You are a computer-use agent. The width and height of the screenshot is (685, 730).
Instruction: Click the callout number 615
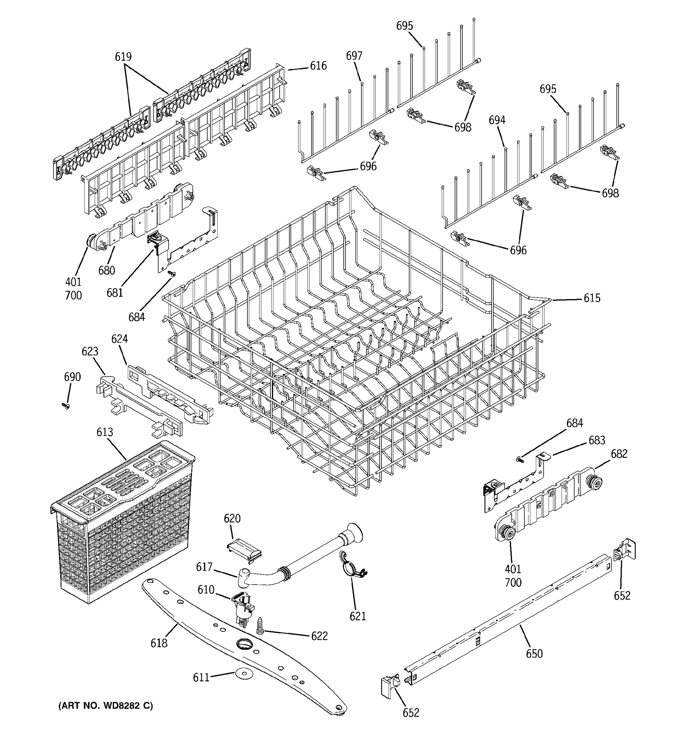pos(592,298)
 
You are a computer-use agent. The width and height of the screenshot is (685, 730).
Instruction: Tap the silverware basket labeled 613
pos(121,521)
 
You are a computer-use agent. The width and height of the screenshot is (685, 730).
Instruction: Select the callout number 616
pos(318,66)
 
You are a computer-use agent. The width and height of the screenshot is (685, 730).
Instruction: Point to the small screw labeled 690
pos(66,406)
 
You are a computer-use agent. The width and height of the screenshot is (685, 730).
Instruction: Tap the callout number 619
pos(123,57)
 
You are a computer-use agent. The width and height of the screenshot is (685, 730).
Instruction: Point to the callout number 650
pos(534,654)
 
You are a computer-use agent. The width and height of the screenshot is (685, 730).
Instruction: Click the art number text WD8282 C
pos(105,706)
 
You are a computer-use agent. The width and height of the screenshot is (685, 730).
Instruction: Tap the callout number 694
pos(497,120)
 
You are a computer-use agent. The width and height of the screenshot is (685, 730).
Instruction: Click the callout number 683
pos(597,440)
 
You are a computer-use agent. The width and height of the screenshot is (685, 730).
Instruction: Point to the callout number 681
pos(115,293)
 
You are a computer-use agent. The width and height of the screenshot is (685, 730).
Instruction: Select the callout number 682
pos(619,454)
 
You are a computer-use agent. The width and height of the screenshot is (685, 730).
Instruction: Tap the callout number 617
pos(204,567)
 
